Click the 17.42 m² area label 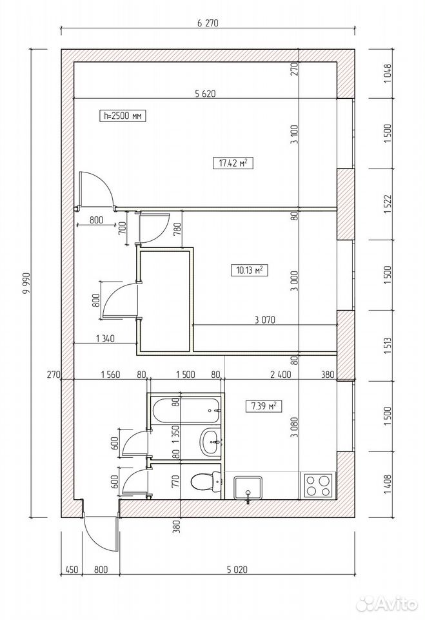coord(233,163)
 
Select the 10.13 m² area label coord(249,271)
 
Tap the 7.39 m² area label coord(264,406)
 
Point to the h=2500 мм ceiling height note coord(123,116)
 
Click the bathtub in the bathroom coord(185,410)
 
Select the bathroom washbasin coord(211,441)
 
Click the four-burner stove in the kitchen coord(317,485)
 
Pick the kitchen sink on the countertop coord(248,488)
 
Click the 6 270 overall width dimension coord(208,23)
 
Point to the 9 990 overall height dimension coord(27,284)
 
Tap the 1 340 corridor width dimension coord(105,338)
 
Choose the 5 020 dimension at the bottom coord(237,570)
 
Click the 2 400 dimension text coord(281,374)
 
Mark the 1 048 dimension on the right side coord(388,73)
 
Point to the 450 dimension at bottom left coord(71,570)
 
